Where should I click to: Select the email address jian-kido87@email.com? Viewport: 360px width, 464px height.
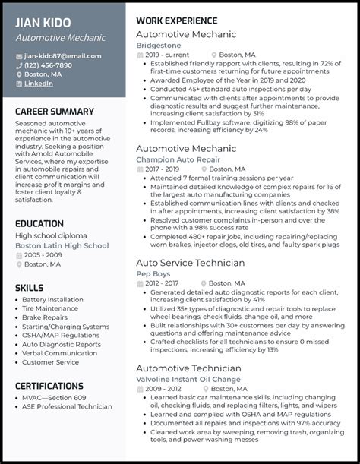tap(62, 55)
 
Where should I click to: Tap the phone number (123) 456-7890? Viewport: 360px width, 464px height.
tap(48, 65)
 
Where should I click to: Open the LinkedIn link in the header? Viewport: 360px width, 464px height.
tap(39, 84)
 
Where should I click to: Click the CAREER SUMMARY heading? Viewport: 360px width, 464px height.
tap(55, 112)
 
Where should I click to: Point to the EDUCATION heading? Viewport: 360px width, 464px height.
tap(39, 223)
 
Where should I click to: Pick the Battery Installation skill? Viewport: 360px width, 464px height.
tap(52, 299)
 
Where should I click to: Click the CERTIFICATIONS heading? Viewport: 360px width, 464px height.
tap(49, 386)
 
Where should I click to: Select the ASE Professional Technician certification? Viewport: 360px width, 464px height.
tap(67, 406)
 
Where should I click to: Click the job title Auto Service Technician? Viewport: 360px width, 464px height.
tap(190, 263)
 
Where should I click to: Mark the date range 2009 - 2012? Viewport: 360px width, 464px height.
tap(163, 388)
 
